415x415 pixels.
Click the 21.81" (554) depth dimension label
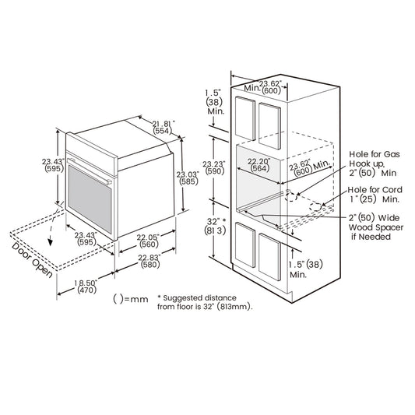click(164, 127)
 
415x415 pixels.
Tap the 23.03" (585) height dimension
click(188, 178)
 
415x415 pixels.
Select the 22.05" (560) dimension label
click(149, 241)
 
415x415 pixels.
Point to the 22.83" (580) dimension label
click(149, 261)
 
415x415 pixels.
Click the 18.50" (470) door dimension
click(86, 287)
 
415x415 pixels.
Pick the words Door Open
click(32, 260)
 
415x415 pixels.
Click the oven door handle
click(90, 171)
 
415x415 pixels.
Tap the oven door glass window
click(90, 199)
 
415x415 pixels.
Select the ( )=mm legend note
click(131, 299)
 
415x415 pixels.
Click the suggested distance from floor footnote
click(205, 302)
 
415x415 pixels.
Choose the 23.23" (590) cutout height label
click(214, 167)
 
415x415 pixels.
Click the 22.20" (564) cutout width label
click(259, 164)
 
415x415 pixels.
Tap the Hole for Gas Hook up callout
click(374, 164)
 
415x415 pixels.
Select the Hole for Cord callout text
click(375, 195)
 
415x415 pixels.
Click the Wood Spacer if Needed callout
click(376, 227)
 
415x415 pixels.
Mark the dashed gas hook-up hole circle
click(291, 197)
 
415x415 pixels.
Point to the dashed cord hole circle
click(316, 207)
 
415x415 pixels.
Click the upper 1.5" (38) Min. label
click(214, 102)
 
